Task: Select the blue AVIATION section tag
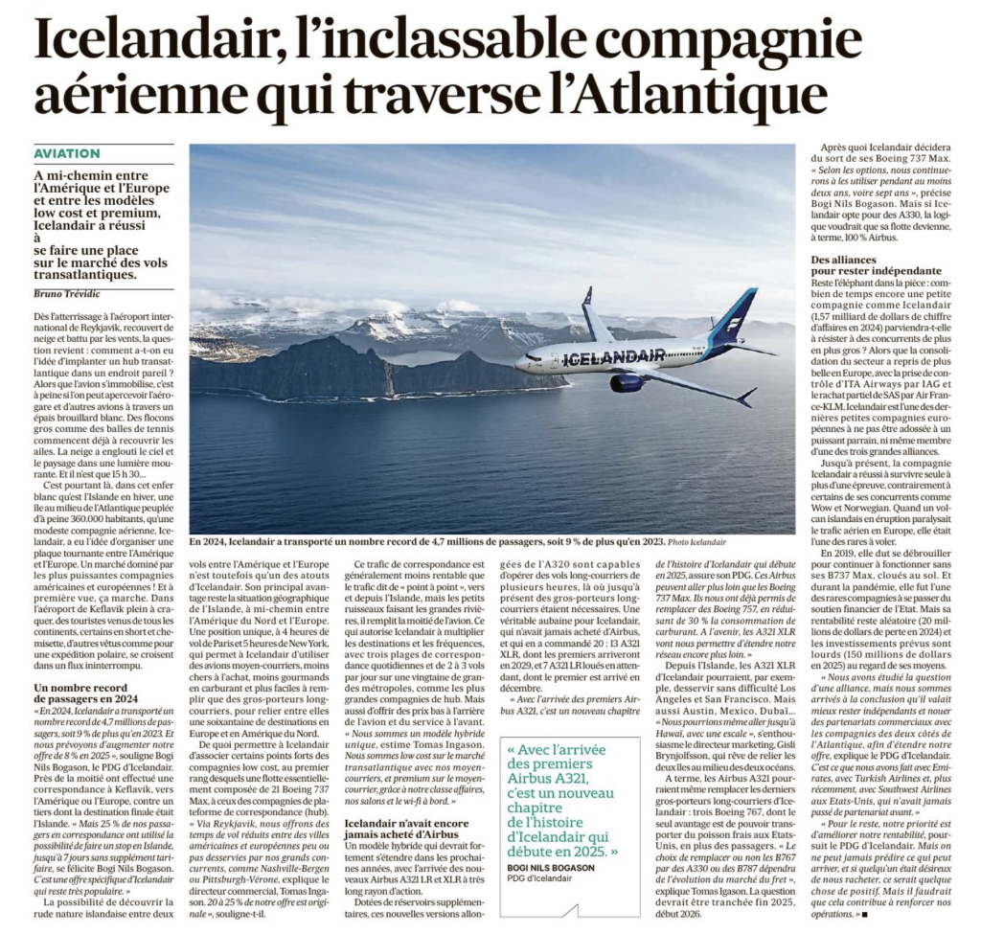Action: [67, 153]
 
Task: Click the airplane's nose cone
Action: [518, 364]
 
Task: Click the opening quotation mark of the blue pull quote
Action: [513, 748]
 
